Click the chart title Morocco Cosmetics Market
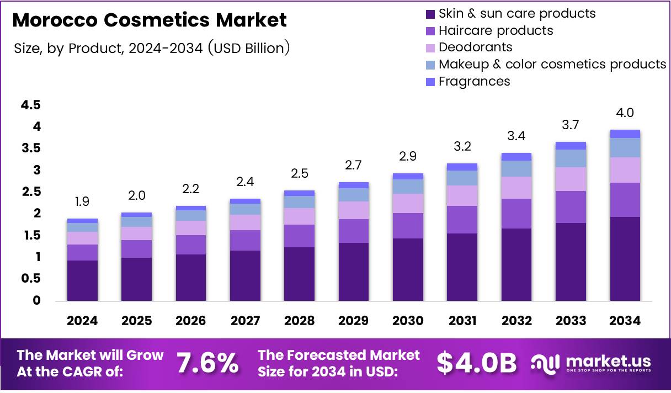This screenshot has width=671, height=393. tap(149, 20)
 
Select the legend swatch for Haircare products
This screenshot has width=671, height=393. tap(430, 31)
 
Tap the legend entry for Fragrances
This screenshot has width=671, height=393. tap(474, 82)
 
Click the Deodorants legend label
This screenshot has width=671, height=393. tap(475, 47)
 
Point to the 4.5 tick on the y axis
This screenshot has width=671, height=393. tap(30, 105)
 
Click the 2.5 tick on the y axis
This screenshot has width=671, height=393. tap(30, 192)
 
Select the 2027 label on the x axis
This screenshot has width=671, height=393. tap(245, 321)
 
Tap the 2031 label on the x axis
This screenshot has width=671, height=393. tap(462, 321)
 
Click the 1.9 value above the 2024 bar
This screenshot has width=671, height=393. tap(82, 202)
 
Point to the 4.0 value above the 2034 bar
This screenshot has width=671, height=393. tap(625, 113)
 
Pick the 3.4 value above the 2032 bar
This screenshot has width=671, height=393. tap(516, 136)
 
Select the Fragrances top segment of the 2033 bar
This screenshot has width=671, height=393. tap(571, 146)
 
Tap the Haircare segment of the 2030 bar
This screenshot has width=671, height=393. tap(408, 225)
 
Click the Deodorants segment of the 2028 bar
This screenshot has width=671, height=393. tap(299, 216)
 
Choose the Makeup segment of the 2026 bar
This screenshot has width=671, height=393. tap(190, 215)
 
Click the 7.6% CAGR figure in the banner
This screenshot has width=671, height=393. tap(207, 363)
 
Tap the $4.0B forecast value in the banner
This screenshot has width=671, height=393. tap(477, 363)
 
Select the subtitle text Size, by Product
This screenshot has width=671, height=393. tap(69, 49)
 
